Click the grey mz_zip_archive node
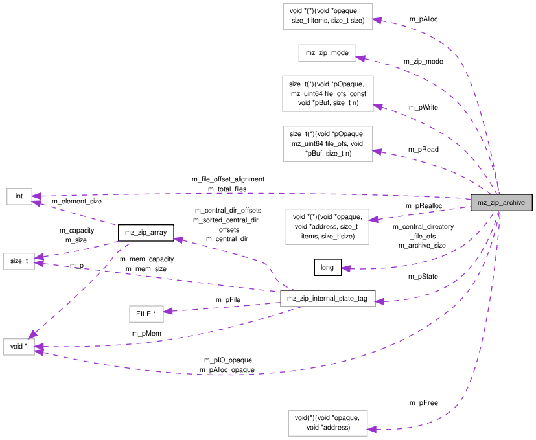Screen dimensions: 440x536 point(501,202)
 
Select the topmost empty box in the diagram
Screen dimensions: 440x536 point(327,16)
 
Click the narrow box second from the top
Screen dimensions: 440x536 point(327,53)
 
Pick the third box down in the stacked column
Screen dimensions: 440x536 point(327,93)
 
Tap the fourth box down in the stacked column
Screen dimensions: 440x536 point(327,144)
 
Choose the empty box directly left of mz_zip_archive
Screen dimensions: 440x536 point(327,227)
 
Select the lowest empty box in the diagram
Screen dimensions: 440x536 point(327,423)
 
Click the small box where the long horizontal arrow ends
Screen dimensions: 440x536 point(19,196)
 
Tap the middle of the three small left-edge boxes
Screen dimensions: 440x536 point(18,261)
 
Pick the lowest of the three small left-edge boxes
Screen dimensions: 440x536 point(18,347)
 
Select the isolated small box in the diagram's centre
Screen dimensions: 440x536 point(146,314)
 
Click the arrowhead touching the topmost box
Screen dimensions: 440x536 point(377,21)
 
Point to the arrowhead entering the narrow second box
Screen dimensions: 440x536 point(360,58)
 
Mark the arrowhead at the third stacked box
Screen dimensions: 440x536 point(378,106)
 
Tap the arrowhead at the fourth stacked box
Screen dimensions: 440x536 point(377,152)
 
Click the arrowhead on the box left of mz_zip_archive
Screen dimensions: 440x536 point(373,220)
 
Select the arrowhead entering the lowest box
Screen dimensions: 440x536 point(371,429)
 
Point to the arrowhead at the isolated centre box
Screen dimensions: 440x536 point(168,312)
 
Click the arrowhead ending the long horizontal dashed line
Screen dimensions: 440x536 point(36,196)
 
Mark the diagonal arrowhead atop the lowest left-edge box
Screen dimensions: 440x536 point(32,334)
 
